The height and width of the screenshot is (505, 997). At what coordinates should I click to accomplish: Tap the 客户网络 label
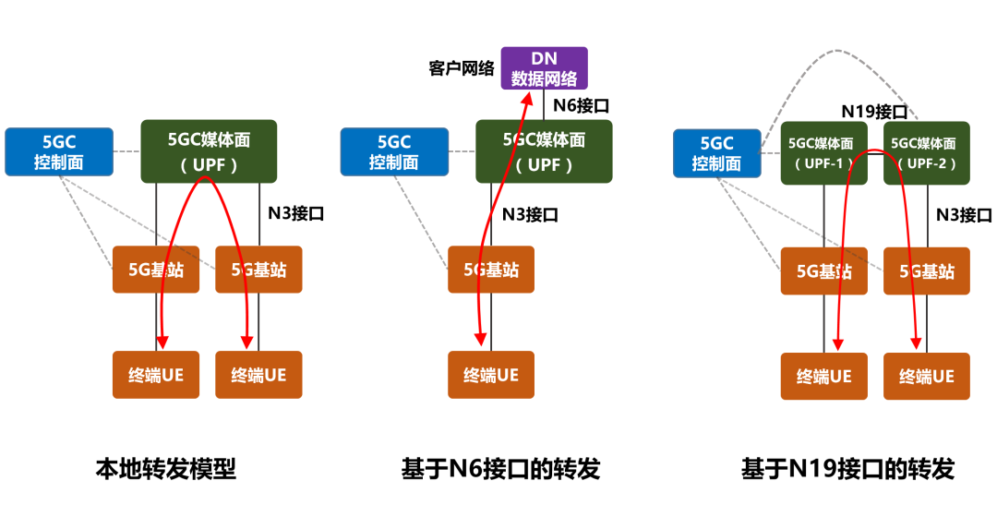462,69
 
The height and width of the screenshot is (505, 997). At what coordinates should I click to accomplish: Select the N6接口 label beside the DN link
581,105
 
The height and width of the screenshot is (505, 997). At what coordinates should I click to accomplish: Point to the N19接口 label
873,112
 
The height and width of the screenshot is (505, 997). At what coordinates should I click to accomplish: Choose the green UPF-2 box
926,153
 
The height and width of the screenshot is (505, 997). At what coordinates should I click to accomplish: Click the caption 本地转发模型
166,469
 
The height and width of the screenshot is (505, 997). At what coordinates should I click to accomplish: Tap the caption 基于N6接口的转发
500,469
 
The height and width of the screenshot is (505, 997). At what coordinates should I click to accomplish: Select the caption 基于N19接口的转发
847,469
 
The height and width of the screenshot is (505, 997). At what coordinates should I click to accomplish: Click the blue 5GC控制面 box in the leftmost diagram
59,151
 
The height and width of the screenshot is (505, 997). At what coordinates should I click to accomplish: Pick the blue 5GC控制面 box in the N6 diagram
394,151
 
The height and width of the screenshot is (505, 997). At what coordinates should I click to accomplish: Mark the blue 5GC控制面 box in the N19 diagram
716,153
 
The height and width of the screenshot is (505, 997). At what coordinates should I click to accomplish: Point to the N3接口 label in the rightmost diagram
964,215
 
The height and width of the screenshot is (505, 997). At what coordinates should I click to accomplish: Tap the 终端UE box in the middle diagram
491,375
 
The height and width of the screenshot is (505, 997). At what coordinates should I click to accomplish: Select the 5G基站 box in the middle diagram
491,270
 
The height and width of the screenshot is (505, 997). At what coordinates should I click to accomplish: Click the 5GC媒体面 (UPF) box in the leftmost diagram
209,151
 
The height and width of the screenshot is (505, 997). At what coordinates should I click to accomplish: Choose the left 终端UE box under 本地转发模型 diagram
156,375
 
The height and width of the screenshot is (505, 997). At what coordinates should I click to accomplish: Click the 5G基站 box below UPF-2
927,271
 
